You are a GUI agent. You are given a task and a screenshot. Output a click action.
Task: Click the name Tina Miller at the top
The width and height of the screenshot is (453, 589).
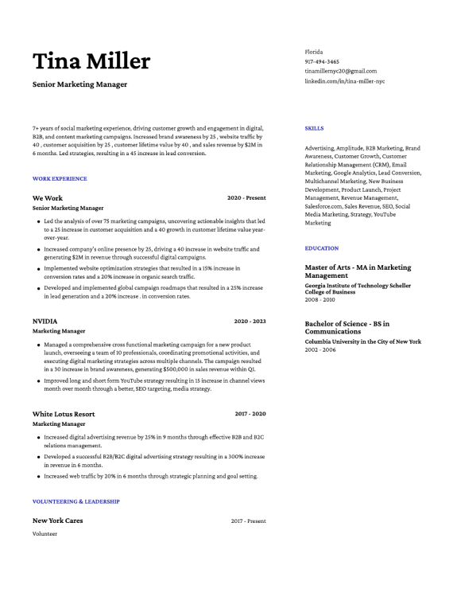[91, 61]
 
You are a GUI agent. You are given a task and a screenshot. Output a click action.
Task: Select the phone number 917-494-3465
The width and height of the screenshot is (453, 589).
[322, 61]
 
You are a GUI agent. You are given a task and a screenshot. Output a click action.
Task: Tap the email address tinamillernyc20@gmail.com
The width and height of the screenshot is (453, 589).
[341, 71]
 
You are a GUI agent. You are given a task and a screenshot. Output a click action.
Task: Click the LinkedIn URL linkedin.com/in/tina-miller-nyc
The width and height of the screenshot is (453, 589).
[345, 81]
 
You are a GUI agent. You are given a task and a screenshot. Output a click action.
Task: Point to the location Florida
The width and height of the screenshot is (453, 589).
[314, 52]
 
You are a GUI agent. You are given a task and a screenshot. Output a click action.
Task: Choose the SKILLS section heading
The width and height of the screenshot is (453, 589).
[314, 128]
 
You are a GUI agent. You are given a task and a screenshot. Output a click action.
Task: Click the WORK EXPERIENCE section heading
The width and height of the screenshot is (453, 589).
[60, 179]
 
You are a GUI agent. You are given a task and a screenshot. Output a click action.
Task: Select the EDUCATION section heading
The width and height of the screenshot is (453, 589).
[322, 248]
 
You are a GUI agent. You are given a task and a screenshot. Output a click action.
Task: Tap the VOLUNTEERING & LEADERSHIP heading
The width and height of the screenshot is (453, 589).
[76, 501]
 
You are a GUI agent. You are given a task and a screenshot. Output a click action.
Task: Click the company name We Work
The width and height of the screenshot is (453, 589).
[48, 198]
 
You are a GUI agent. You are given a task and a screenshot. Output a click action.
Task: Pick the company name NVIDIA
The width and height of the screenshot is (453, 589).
[45, 322]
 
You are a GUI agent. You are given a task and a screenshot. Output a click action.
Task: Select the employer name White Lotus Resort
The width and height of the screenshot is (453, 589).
[64, 414]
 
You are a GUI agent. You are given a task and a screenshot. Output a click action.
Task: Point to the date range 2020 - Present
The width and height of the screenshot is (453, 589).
[246, 198]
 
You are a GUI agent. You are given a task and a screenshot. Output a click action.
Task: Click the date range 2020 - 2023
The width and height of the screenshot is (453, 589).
[250, 322]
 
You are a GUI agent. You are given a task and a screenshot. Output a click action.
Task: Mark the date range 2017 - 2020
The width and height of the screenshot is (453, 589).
[250, 414]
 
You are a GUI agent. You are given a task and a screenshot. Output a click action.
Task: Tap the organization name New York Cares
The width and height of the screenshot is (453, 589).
[57, 521]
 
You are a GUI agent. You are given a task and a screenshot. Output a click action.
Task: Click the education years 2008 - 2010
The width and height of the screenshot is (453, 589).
[320, 300]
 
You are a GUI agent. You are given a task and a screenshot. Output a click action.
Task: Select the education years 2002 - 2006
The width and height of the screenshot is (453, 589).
[320, 349]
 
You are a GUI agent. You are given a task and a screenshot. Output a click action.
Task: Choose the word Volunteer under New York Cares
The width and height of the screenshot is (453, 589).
[45, 534]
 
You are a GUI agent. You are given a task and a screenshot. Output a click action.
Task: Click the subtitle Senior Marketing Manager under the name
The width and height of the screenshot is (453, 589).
[79, 84]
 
